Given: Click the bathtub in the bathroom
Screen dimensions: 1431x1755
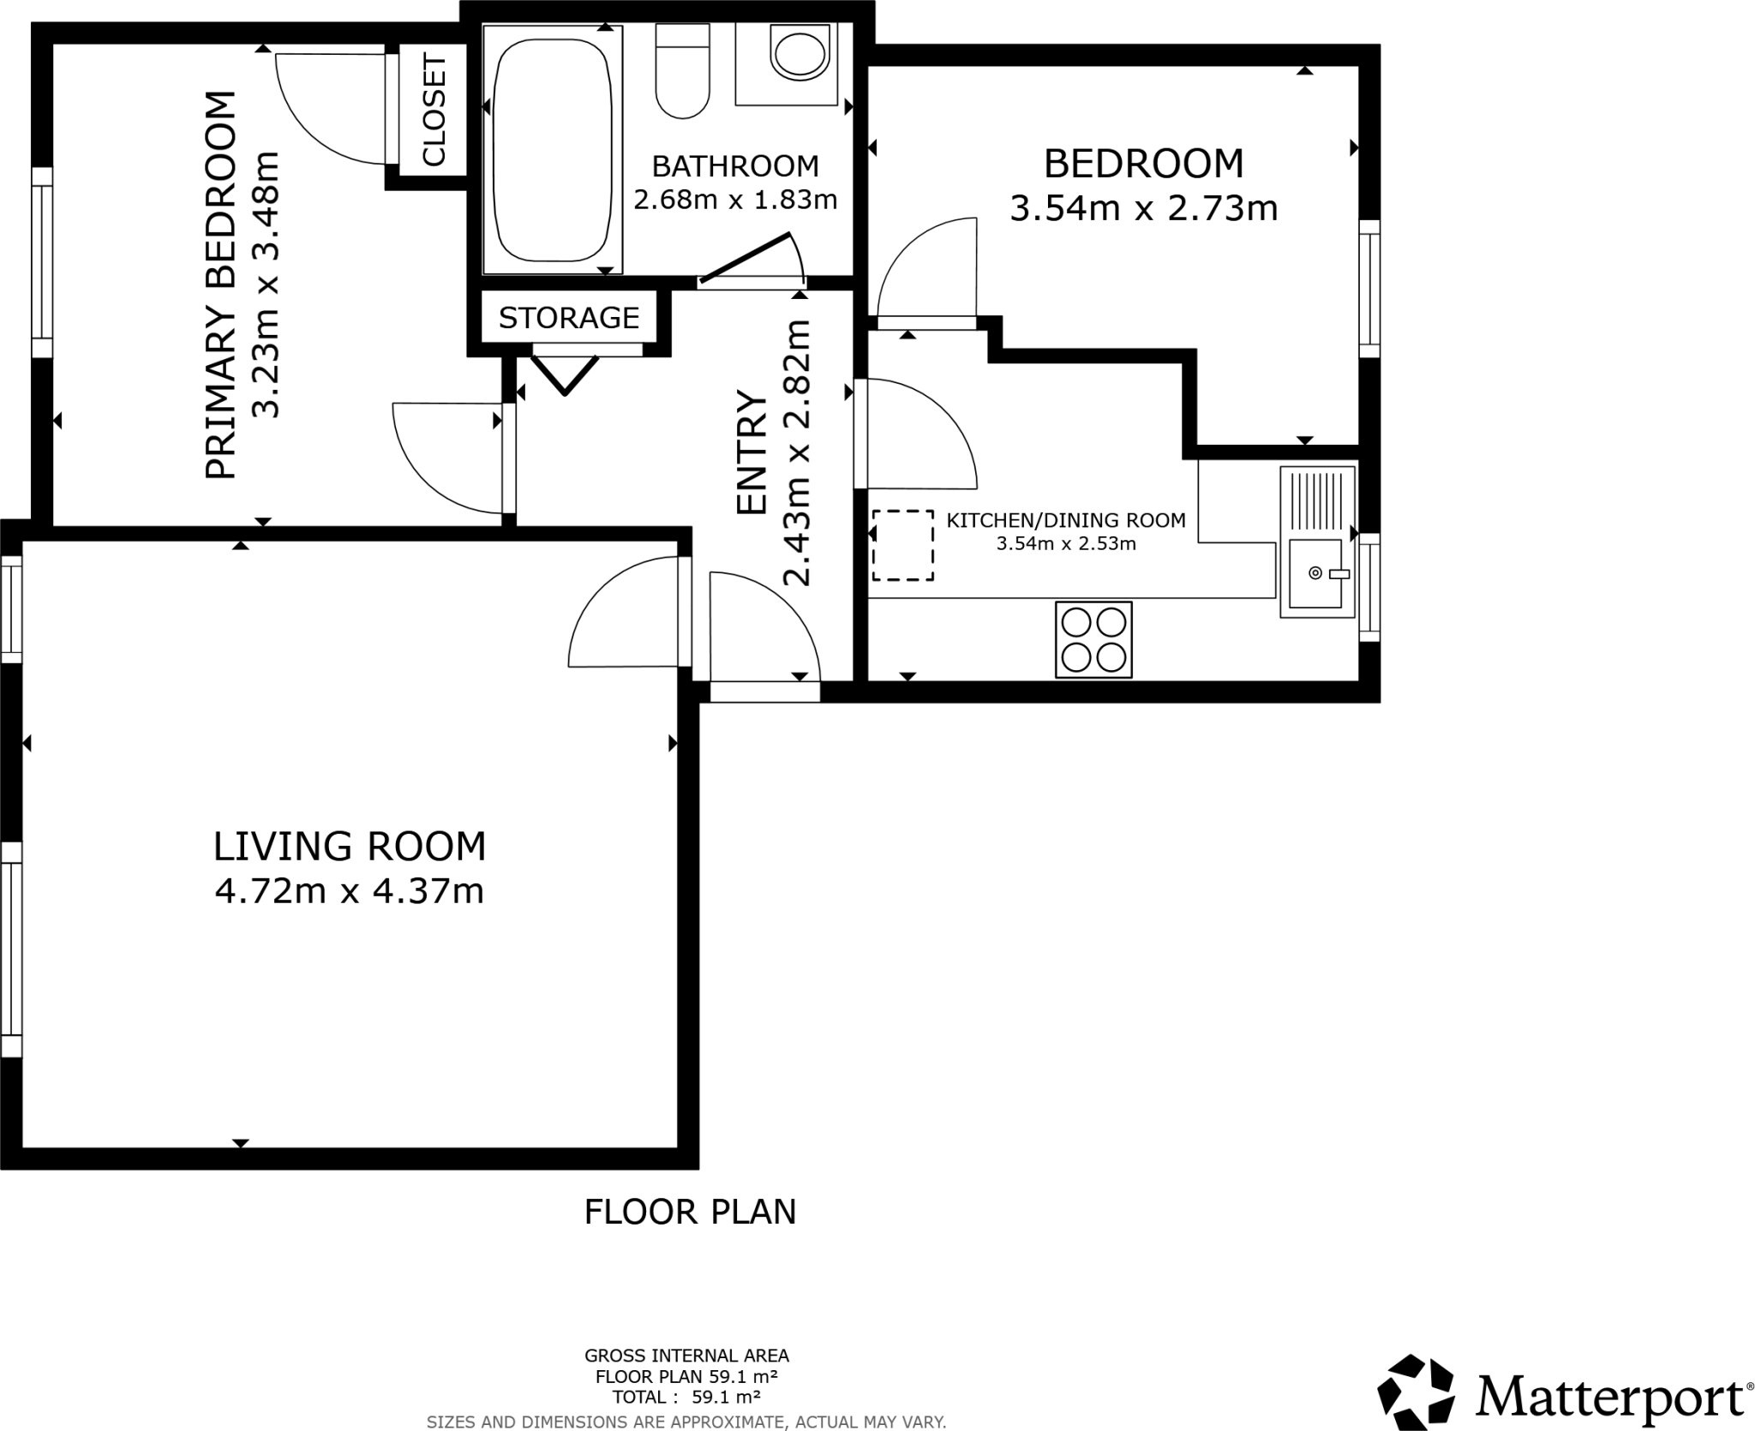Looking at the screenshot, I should [553, 150].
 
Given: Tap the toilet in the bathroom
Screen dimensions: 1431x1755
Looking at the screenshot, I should [682, 73].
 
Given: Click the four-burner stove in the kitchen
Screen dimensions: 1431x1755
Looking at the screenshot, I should [1093, 639].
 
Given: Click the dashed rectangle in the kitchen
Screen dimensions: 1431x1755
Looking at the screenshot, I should [902, 545].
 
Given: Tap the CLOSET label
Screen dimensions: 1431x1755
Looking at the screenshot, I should [434, 111].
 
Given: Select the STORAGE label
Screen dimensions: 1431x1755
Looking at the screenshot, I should [568, 318].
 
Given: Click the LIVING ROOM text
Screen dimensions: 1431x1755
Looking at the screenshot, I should [349, 846].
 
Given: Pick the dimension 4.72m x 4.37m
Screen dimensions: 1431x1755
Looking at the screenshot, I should [349, 891].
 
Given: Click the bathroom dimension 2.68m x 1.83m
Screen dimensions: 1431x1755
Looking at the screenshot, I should [734, 200].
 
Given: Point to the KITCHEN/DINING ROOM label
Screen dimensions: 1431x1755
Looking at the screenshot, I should [1065, 519].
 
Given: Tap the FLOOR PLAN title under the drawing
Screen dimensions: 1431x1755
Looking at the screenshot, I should [690, 1212].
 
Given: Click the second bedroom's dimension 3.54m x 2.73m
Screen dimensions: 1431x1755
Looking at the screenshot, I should [1143, 208].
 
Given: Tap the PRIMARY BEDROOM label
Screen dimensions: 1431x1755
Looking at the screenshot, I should [220, 285].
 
